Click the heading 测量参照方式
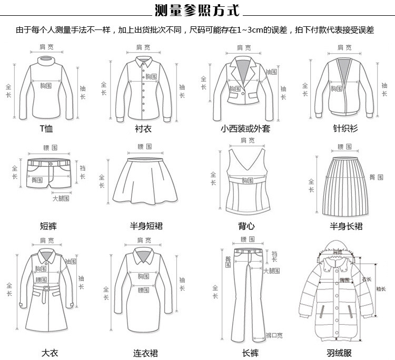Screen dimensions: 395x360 (x=197, y=9)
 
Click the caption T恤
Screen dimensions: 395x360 (x=46, y=128)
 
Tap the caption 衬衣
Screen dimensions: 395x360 (x=143, y=128)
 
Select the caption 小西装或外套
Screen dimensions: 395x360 (x=245, y=128)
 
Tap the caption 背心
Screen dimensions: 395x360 (x=246, y=226)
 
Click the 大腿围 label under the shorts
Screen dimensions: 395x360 (x=61, y=199)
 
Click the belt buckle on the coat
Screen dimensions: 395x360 (x=46, y=288)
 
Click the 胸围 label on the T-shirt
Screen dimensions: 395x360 (x=46, y=84)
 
